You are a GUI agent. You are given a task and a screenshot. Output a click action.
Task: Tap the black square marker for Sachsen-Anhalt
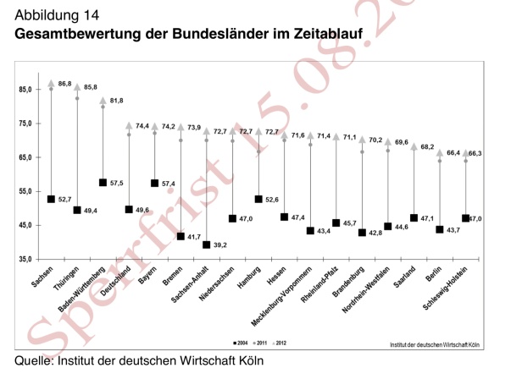207,244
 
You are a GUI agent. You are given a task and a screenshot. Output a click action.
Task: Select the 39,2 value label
221,244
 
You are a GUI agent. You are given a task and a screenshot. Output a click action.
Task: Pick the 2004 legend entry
242,343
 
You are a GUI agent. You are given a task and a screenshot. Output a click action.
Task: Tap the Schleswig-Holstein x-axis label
451,291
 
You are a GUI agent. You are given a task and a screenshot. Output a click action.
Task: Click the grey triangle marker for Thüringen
77,87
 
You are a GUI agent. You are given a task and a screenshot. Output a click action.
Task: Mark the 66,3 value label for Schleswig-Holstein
475,153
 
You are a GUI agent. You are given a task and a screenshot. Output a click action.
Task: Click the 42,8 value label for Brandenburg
377,233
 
